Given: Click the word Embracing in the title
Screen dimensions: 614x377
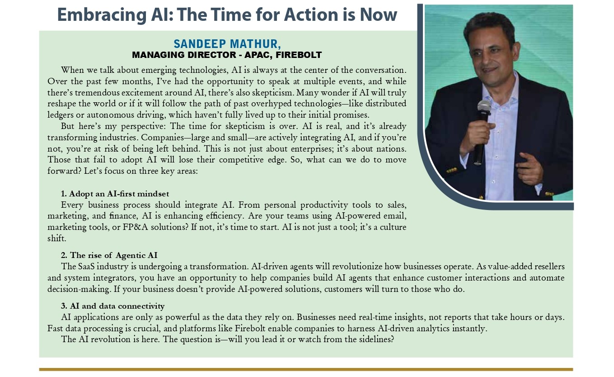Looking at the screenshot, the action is [102, 15].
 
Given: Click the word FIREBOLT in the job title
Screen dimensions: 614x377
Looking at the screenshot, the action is [299, 55].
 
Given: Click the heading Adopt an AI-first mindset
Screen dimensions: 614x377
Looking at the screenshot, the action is [119, 194].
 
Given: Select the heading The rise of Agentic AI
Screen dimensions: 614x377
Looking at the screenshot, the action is [114, 255].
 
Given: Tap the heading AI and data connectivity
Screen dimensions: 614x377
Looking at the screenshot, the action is [117, 306].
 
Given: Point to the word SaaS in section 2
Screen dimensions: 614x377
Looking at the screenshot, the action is [86, 267].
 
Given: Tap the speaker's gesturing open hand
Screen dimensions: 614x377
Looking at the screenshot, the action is [530, 167].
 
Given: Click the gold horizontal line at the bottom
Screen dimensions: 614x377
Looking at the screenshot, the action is [306, 370].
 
